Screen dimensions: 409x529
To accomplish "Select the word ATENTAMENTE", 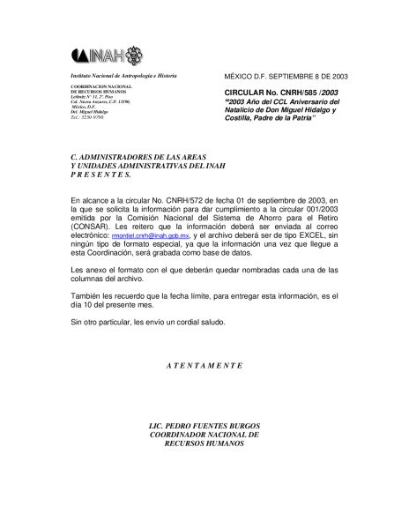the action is (x=204, y=364).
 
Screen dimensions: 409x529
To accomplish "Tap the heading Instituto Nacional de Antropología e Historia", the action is (x=117, y=78).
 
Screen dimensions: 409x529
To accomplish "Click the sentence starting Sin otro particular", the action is (x=140, y=322).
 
